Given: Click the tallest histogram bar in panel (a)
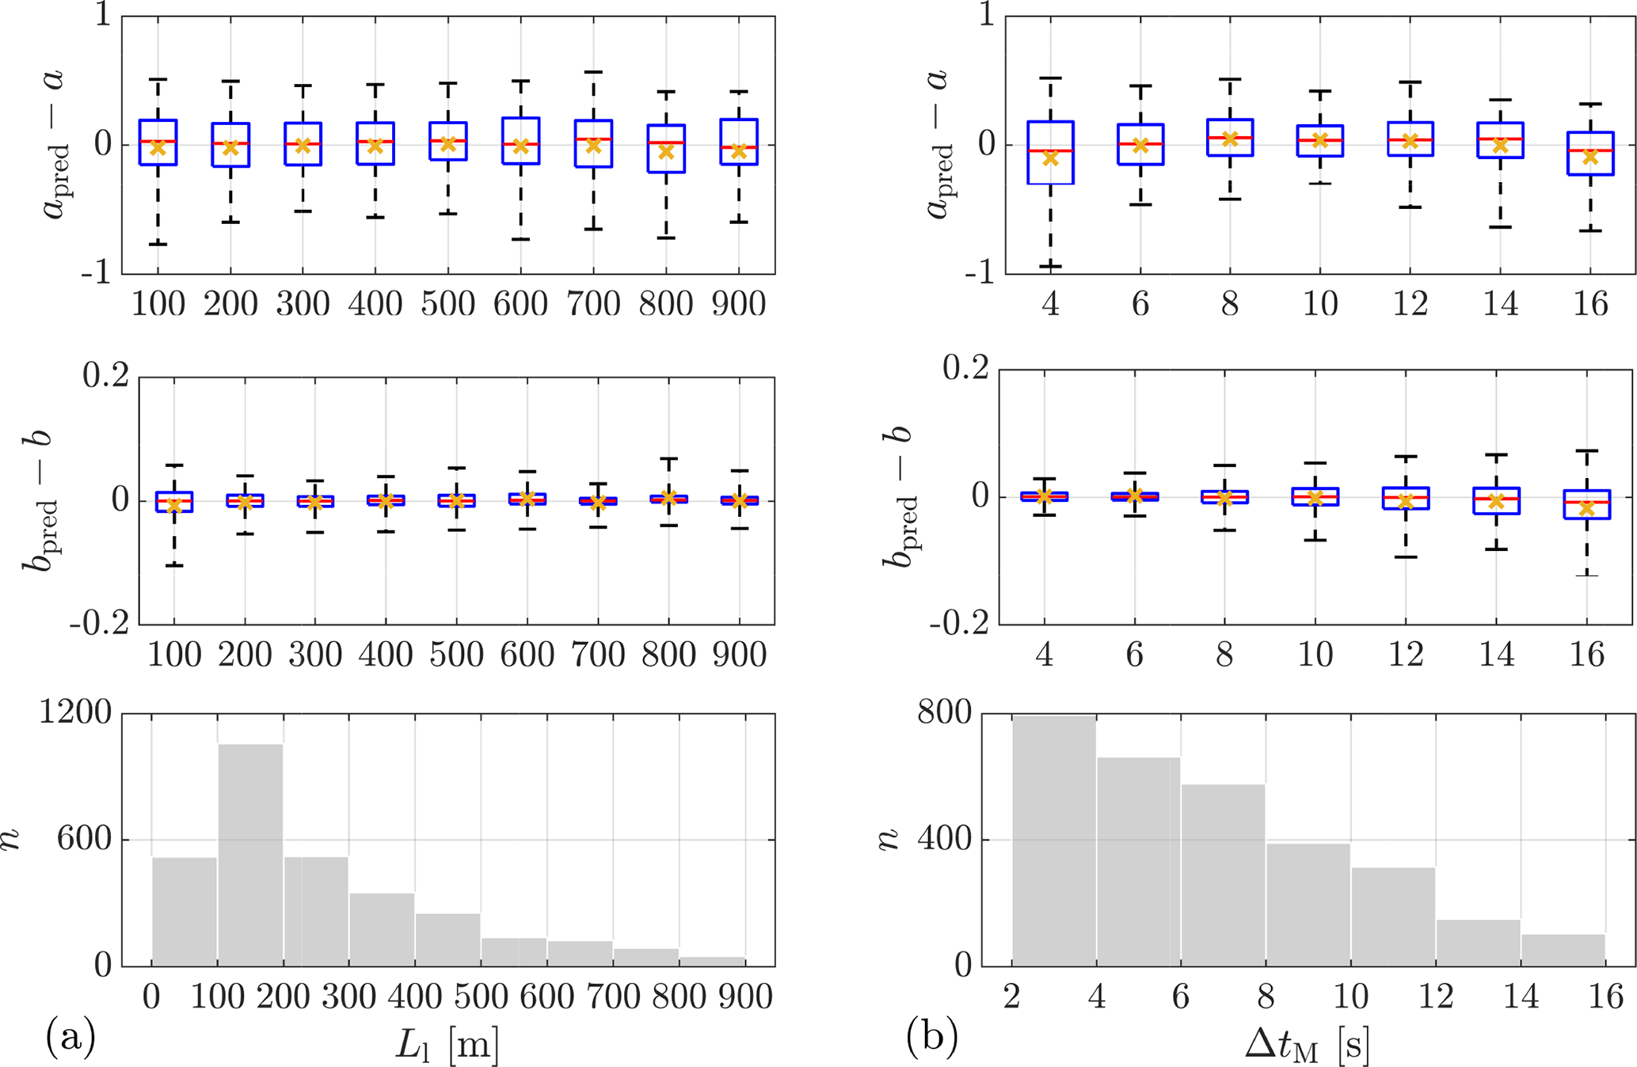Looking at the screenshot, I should pos(250,855).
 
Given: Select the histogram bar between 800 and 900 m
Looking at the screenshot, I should pos(711,961).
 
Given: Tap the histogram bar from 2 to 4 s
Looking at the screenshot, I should pos(1054,839).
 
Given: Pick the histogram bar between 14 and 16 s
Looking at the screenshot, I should pos(1563,950).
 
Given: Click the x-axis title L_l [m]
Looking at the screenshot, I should pos(447,1045).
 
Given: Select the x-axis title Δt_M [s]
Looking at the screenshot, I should pos(1307,1045).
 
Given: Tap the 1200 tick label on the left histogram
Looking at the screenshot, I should pos(76,713).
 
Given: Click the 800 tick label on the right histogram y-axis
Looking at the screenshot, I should pos(944,713).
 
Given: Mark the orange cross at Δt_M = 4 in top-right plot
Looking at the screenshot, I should pos(1050,158).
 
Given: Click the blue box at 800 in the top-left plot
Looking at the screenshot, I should pos(666,149).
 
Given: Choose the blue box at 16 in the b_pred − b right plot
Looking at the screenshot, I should pos(1586,504).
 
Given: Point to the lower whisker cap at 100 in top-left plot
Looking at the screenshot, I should pos(158,244).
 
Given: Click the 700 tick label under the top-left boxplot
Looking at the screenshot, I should pos(593,304).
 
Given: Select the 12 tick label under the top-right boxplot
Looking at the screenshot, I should pos(1410,304).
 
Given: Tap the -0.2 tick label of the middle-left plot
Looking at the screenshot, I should pos(99,625).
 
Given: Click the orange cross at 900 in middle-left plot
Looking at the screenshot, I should pos(739,501).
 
